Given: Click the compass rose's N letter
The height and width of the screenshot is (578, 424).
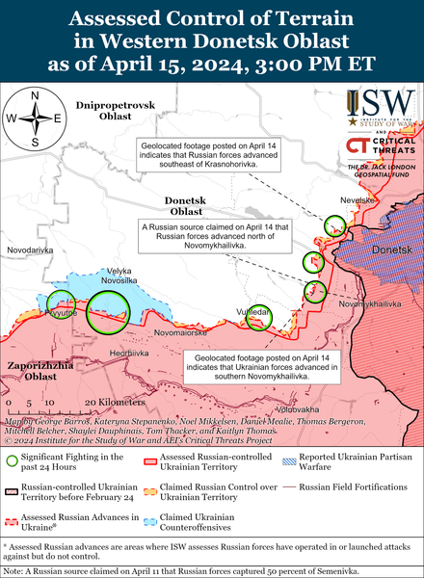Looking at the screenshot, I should [36, 95].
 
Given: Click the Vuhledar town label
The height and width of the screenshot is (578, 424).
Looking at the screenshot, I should [257, 314].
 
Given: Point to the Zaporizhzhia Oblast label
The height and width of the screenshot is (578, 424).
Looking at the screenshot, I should [35, 372].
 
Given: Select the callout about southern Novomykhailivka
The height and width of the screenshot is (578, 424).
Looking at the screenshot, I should [260, 368].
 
